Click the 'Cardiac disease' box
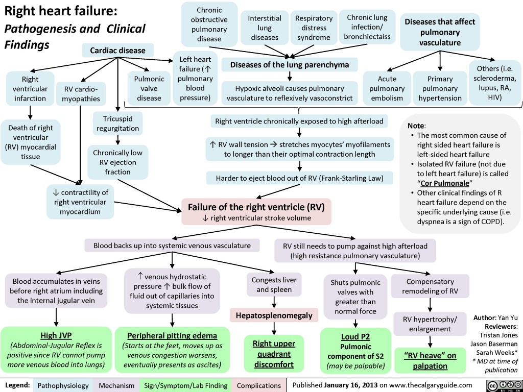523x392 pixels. (x=117, y=50)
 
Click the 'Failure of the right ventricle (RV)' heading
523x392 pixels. (x=256, y=207)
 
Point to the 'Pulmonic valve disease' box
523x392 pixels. (x=149, y=88)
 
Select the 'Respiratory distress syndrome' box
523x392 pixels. (x=314, y=28)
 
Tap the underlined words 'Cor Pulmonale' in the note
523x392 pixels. (x=442, y=183)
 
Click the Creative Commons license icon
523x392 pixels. (x=502, y=384)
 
